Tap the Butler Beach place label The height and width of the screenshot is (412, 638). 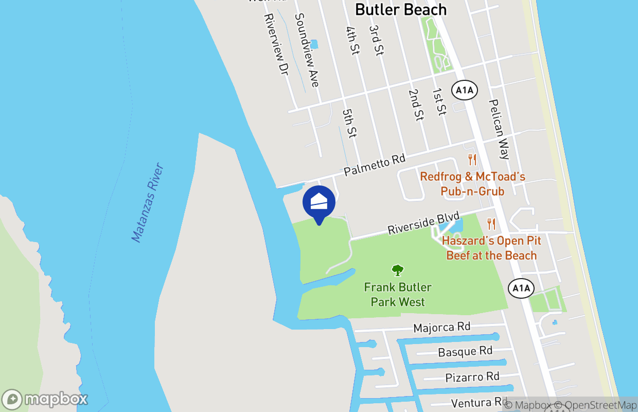[x=401, y=9]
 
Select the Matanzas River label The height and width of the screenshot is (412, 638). [x=147, y=203]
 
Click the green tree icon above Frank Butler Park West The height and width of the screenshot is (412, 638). [x=397, y=270]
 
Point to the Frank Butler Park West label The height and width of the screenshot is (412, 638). [x=398, y=295]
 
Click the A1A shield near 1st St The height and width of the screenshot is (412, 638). [x=465, y=91]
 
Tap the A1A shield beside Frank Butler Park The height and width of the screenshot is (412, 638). [x=521, y=288]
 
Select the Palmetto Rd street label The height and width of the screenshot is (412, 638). [x=375, y=165]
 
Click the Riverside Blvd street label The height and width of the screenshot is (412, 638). [x=423, y=222]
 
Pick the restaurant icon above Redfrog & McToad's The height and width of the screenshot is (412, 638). [x=472, y=160]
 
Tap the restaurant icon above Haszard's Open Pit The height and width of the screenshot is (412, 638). [x=491, y=224]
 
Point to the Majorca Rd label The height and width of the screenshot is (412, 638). [x=442, y=327]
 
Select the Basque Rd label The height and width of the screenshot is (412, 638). [x=465, y=352]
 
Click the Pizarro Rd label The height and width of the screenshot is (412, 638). [x=472, y=376]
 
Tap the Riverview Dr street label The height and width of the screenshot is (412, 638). [x=275, y=45]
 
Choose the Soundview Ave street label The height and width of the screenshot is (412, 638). [x=307, y=50]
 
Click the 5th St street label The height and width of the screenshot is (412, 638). [x=349, y=123]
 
